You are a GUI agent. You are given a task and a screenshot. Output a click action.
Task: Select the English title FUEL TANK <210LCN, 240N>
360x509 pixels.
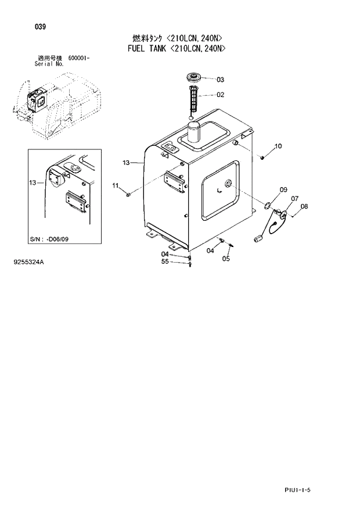coord(176,49)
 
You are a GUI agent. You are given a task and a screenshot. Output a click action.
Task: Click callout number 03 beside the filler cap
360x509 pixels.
coord(220,80)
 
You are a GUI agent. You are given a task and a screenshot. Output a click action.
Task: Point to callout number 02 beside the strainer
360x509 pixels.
coord(220,95)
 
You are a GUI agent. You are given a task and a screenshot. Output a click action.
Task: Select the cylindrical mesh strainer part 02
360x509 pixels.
coord(193,99)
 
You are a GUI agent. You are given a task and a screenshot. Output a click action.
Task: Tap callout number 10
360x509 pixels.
coord(278,146)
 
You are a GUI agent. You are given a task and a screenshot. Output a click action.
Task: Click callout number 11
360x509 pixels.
coord(116,185)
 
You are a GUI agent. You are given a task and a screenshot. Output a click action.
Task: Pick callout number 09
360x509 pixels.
coord(283,189)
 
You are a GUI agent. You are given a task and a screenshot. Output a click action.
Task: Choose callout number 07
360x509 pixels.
coord(294,199)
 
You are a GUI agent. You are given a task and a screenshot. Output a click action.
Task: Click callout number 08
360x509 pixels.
coord(304,206)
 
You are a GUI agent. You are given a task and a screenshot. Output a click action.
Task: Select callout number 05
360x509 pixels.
coord(226,259)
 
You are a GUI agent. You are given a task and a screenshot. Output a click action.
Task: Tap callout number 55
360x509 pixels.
coord(165,261)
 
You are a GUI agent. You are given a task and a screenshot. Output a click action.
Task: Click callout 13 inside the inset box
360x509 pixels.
coord(33,183)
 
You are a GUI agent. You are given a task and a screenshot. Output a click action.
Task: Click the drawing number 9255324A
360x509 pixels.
coord(28,263)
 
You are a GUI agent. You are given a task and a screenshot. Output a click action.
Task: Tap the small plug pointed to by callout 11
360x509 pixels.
coord(128,194)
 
